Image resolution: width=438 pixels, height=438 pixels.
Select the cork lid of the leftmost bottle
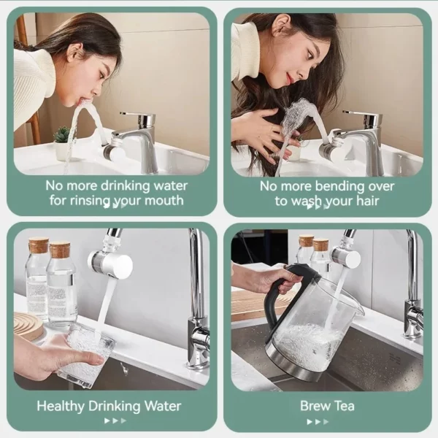coord(38,245)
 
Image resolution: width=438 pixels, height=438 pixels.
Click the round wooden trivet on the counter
coord(28,326)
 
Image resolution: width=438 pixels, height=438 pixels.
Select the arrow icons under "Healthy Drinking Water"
coord(115,421)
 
